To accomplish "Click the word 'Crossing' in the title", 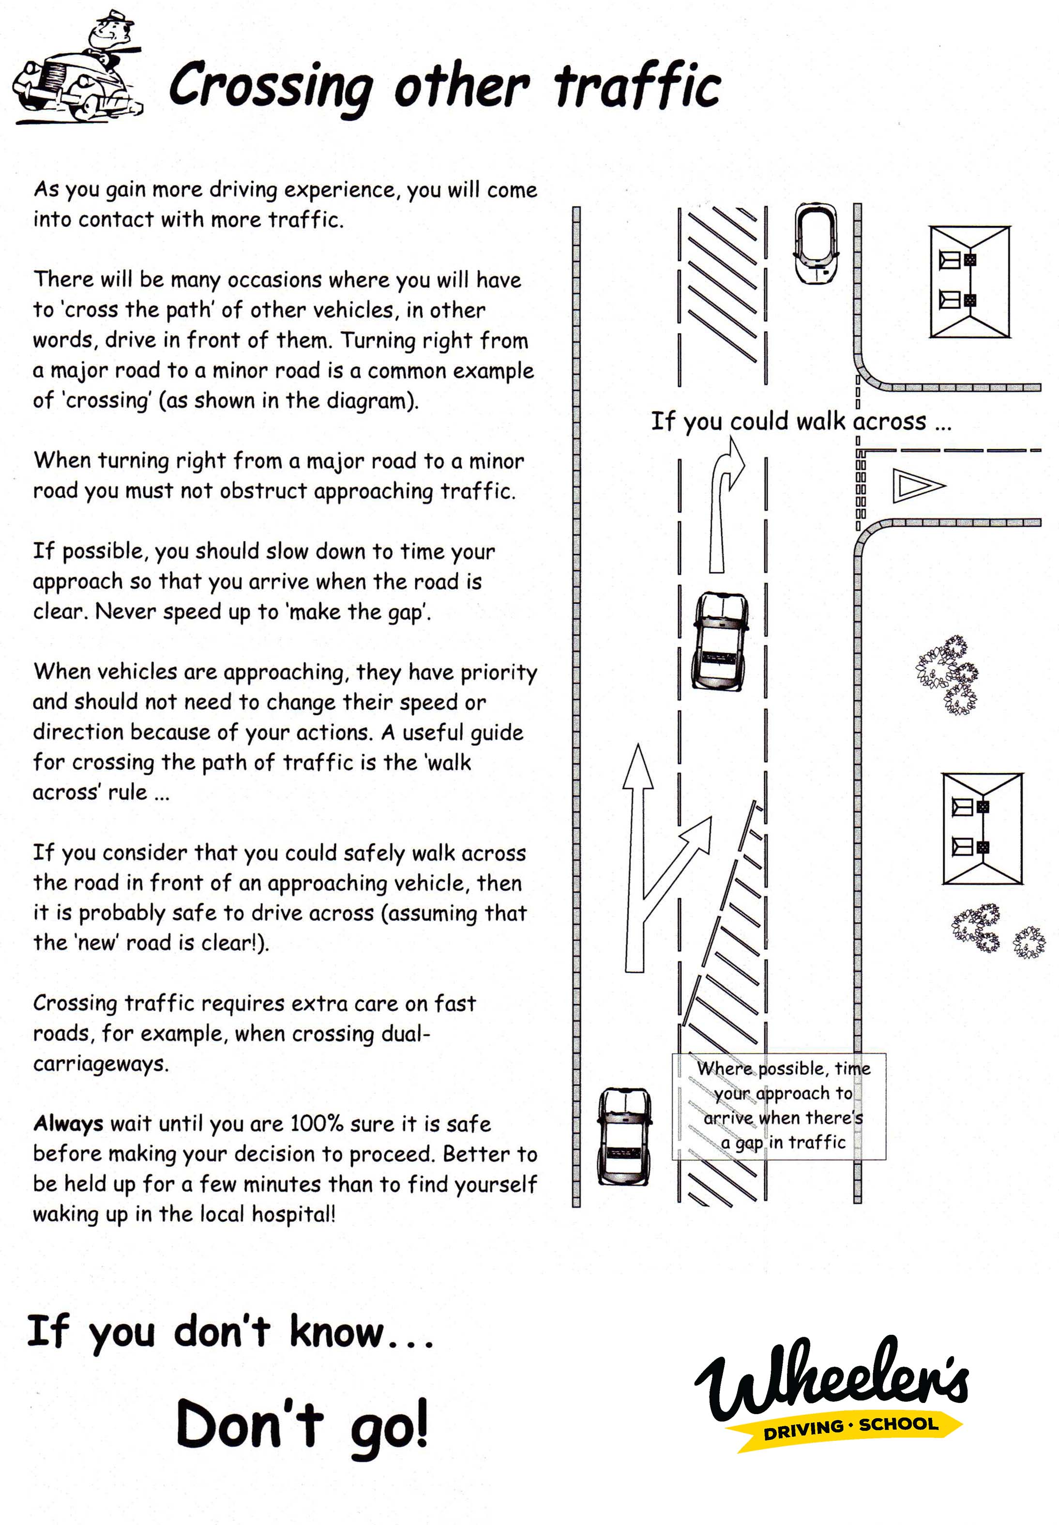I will coord(270,86).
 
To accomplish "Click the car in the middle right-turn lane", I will coord(720,641).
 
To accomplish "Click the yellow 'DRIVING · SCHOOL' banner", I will coord(850,1427).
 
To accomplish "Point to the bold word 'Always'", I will coord(68,1124).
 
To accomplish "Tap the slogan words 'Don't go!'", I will coord(302,1426).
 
